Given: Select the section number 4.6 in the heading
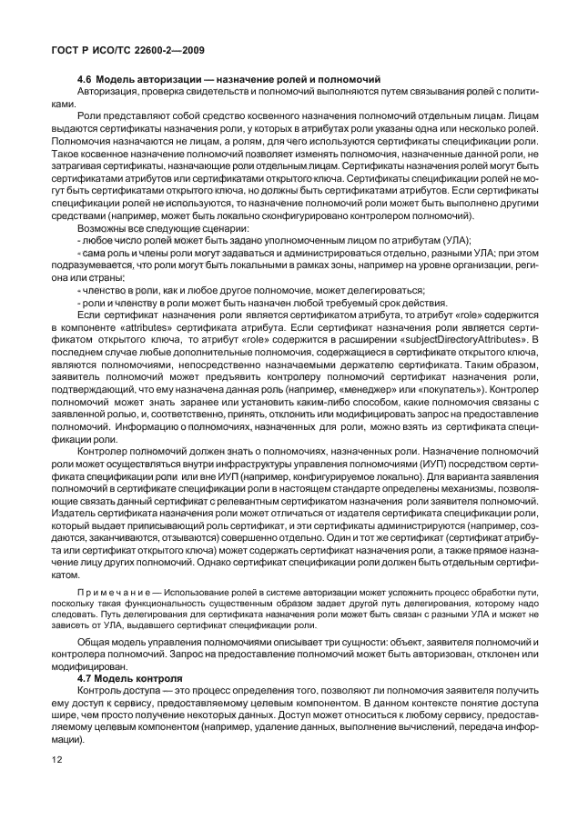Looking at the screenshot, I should click(85, 80).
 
